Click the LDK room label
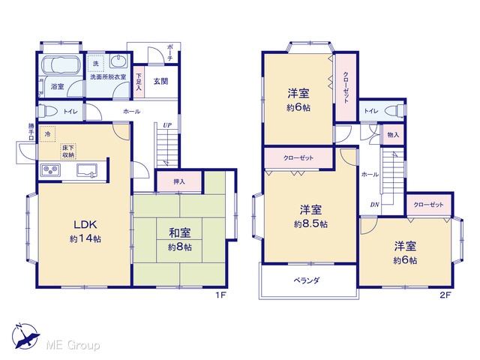point(85,224)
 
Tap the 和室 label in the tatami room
point(180,233)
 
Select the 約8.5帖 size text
point(310,224)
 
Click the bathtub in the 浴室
point(61,65)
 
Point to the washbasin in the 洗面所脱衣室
point(118,61)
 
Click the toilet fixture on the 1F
point(46,110)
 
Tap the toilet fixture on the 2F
point(395,110)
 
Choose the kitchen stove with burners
point(51,170)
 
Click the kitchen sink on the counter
point(87,170)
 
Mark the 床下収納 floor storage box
point(68,151)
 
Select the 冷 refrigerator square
point(47,133)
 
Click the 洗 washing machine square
point(96,64)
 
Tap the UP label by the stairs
point(167,125)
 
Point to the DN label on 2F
point(375,205)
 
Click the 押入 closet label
point(179,181)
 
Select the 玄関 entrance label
point(160,82)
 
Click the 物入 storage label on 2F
point(393,135)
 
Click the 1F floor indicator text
point(220,295)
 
